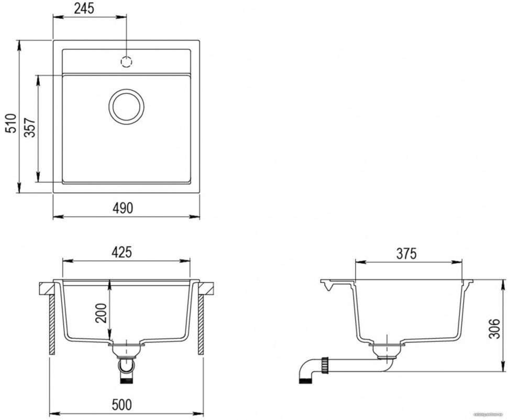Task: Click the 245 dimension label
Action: pos(87,9)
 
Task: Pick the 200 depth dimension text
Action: pos(102,313)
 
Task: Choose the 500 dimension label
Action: pos(122,405)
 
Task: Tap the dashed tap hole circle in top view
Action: pos(127,62)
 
